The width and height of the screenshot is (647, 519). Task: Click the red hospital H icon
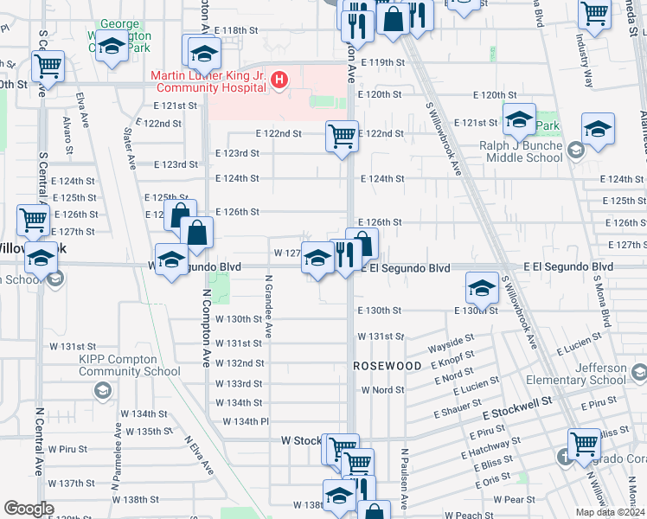tap(279, 81)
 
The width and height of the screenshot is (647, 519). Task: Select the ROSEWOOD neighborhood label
tap(388, 366)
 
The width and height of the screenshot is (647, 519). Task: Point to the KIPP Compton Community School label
tap(129, 365)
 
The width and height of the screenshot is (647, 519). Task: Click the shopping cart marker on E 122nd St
tap(342, 135)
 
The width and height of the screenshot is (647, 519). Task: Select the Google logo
tap(29, 509)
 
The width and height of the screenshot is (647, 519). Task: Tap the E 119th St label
tap(383, 63)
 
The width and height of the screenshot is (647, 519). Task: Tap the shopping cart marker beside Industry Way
tap(594, 14)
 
